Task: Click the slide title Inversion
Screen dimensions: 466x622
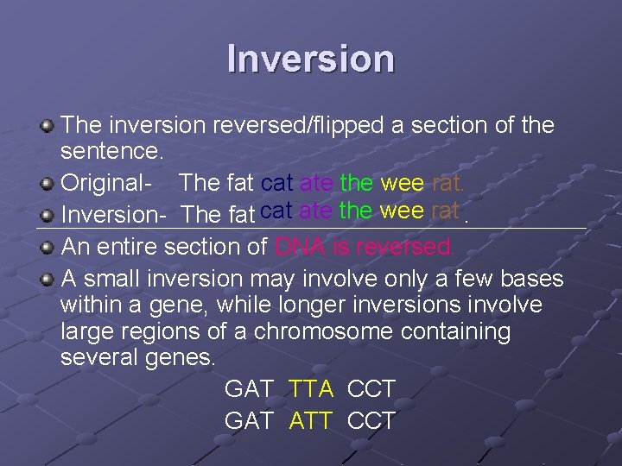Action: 311,59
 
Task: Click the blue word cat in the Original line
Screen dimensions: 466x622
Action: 276,183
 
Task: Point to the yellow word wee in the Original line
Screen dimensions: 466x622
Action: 402,183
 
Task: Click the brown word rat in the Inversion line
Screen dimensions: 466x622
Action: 444,210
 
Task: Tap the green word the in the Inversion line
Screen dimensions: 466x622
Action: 356,210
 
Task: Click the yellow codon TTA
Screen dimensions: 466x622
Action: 311,389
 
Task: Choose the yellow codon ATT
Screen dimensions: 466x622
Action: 311,421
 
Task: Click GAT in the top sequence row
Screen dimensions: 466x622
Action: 249,389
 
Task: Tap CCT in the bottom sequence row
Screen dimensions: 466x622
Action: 371,421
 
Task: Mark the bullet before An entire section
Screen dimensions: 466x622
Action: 48,246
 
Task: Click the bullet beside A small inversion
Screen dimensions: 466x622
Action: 48,278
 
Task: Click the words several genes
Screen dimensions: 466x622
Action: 139,357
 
